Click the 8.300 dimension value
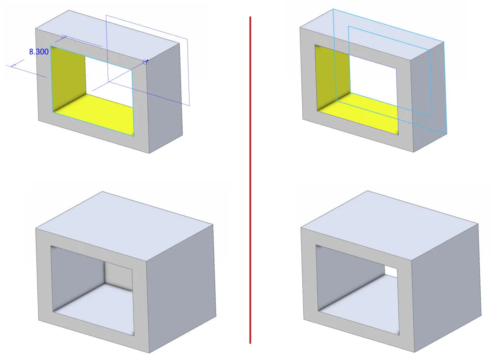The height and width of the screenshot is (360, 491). pyautogui.click(x=39, y=52)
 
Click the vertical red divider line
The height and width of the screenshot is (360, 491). pyautogui.click(x=250, y=180)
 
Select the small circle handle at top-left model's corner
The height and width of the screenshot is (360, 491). pyautogui.click(x=145, y=62)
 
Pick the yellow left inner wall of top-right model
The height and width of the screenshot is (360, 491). pyautogui.click(x=333, y=76)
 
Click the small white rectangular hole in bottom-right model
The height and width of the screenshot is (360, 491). pyautogui.click(x=391, y=272)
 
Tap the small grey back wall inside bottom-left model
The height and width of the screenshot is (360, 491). pyautogui.click(x=118, y=276)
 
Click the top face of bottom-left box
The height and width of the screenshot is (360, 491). pyautogui.click(x=124, y=226)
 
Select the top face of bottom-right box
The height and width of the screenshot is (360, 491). pyautogui.click(x=389, y=225)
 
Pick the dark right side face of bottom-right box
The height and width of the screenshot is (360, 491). pyautogui.click(x=446, y=287)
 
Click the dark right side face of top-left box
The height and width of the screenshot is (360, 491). pyautogui.click(x=164, y=97)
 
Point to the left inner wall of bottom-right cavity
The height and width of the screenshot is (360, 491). pyautogui.click(x=349, y=277)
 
